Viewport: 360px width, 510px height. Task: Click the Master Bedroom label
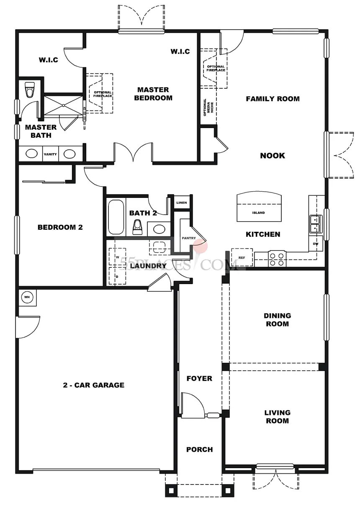153,94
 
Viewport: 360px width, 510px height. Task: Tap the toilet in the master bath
30,90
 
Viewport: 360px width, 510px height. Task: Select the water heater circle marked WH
27,297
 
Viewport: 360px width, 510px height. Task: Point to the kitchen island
259,206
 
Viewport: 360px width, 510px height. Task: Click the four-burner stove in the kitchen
277,259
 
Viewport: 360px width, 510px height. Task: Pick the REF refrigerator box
242,257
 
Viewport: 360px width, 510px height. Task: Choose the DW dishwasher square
316,243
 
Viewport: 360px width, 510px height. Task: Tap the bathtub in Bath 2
116,217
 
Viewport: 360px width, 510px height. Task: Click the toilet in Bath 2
137,227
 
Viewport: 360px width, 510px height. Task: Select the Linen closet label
182,202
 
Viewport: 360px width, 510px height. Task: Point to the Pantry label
189,238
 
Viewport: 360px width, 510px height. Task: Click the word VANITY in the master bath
50,154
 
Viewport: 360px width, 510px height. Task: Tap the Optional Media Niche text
208,107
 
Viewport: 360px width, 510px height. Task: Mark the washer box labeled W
117,256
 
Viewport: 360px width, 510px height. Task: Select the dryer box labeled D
117,276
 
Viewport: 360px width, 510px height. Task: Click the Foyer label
199,378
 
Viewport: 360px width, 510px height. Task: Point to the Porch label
200,449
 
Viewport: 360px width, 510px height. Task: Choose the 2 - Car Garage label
94,385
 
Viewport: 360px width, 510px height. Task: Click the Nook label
273,156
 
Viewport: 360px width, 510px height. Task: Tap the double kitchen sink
316,224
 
